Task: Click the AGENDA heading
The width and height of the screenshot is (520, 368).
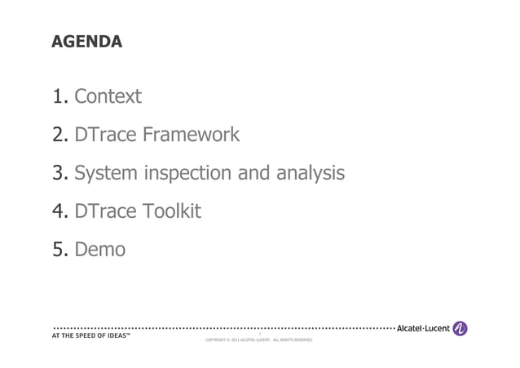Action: [86, 41]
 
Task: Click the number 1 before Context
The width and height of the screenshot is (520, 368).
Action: [58, 97]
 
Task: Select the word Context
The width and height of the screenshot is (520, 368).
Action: [108, 97]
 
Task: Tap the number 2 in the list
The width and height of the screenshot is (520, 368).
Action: [59, 135]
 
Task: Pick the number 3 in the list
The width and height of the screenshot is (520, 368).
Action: [59, 173]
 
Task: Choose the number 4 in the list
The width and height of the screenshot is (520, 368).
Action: [59, 211]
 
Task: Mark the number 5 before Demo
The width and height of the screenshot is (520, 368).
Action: [59, 249]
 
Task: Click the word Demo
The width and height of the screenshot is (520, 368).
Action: [99, 249]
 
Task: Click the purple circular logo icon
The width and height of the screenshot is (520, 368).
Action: [461, 328]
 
